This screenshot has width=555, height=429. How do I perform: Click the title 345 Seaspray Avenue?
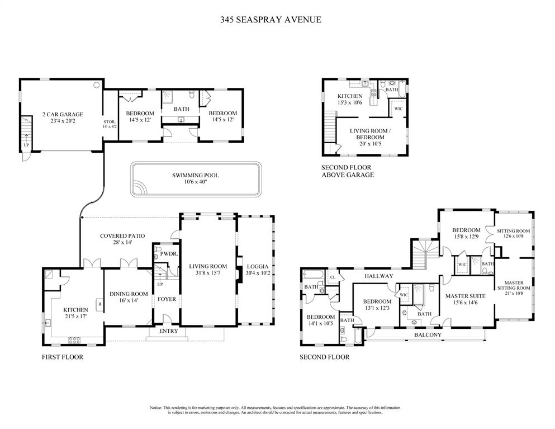(x=270, y=20)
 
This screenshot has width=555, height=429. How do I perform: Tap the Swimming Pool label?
(x=195, y=175)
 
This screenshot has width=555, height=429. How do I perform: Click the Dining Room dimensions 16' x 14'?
(x=129, y=300)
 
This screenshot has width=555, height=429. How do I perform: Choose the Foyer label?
(x=167, y=299)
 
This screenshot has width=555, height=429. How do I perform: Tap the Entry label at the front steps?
(x=168, y=331)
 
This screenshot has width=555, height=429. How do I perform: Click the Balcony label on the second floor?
(x=428, y=335)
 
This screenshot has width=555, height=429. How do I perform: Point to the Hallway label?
(x=379, y=276)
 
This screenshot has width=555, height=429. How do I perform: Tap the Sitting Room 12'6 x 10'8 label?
(x=513, y=231)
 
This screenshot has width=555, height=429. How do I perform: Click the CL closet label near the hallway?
(x=333, y=277)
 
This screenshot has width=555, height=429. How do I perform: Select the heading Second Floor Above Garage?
(x=347, y=171)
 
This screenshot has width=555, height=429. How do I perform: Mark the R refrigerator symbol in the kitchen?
(x=99, y=305)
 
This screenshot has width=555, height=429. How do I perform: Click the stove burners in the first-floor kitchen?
(x=74, y=339)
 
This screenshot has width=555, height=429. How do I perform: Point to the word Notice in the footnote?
(x=156, y=408)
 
